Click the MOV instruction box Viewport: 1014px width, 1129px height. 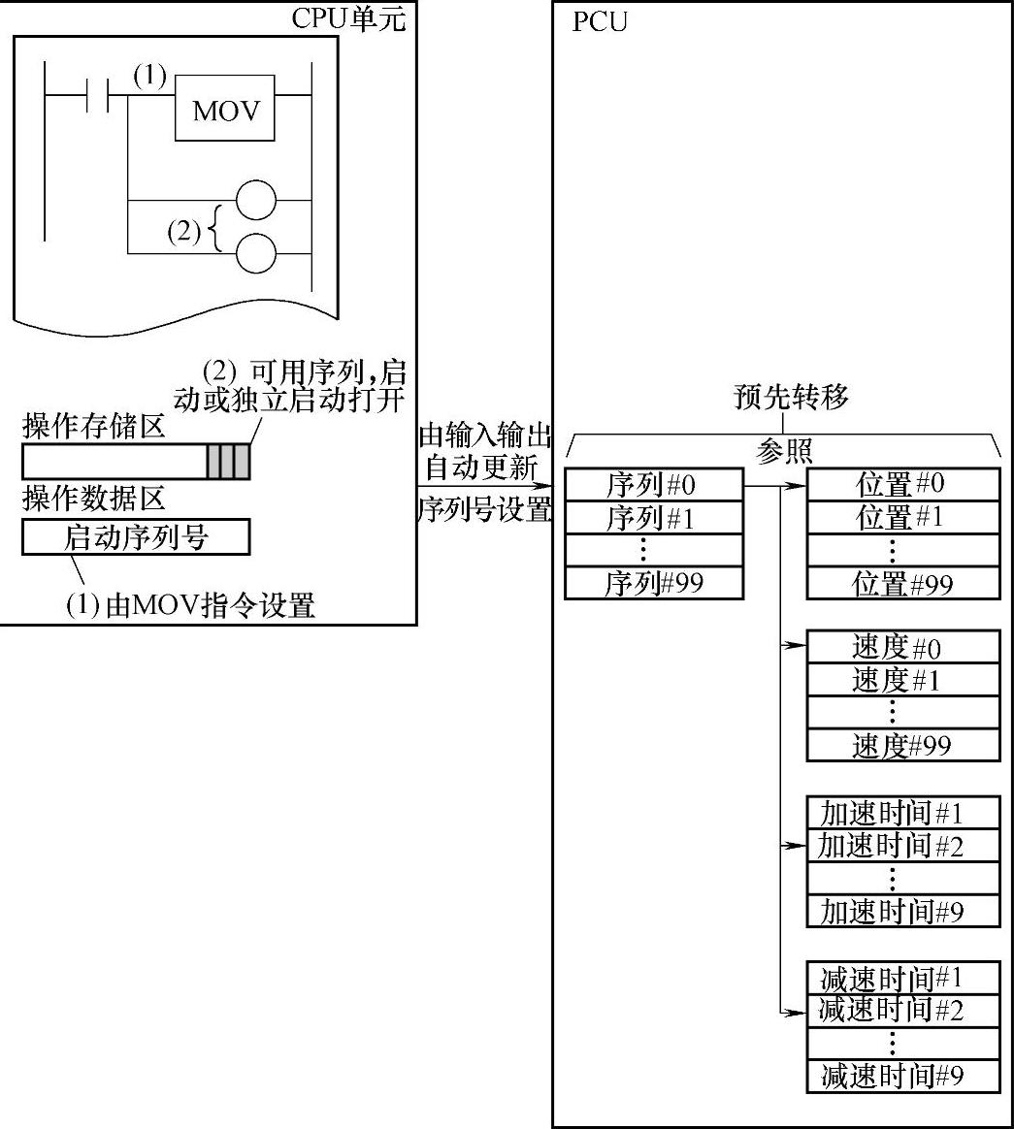pyautogui.click(x=226, y=110)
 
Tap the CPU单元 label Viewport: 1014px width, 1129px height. pyautogui.click(x=349, y=19)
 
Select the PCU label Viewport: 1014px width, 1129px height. pyautogui.click(x=599, y=22)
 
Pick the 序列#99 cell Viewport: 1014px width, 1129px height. pyautogui.click(x=652, y=584)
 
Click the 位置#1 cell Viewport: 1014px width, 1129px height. pyautogui.click(x=901, y=517)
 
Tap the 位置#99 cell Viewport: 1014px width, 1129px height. pyautogui.click(x=901, y=584)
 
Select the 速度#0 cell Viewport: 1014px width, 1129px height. pyautogui.click(x=901, y=647)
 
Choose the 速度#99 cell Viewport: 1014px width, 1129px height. pyautogui.click(x=901, y=745)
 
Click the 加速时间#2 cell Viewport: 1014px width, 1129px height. pyautogui.click(x=901, y=845)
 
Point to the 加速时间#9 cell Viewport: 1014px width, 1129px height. pyautogui.click(x=901, y=911)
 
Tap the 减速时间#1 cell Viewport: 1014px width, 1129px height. pyautogui.click(x=901, y=978)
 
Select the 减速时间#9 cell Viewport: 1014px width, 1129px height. pyautogui.click(x=901, y=1076)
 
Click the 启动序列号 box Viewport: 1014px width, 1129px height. pyautogui.click(x=136, y=537)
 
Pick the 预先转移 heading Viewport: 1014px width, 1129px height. pyautogui.click(x=792, y=398)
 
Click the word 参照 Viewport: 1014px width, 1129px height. pyautogui.click(x=784, y=451)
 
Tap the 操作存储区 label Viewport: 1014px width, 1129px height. pyautogui.click(x=94, y=426)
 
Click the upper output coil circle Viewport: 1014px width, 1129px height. pyautogui.click(x=256, y=202)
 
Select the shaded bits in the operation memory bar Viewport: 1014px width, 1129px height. pyautogui.click(x=228, y=463)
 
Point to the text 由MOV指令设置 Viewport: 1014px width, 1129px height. pyautogui.click(x=190, y=606)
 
